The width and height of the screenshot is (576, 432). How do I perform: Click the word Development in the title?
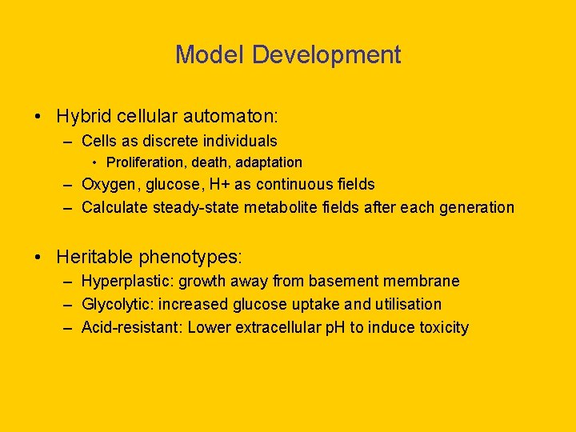pos(326,55)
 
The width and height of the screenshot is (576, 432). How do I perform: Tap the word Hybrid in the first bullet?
pos(83,116)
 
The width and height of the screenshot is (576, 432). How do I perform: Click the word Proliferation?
pos(143,163)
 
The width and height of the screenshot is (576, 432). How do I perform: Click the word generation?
pos(476,208)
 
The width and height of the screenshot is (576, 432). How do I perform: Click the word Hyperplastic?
pos(126,282)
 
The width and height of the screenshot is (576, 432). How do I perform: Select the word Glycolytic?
pos(117,305)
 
